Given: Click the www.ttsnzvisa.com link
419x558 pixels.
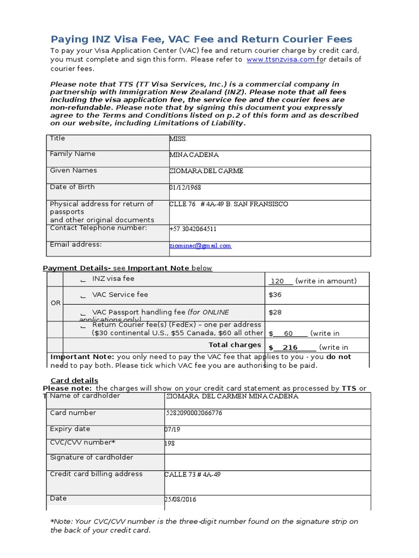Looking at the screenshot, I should pos(280,59).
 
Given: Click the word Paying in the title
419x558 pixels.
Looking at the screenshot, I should pos(69,39).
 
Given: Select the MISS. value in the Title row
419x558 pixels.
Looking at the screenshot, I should pos(178,139).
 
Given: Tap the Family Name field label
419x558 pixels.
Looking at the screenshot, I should pos(73,154).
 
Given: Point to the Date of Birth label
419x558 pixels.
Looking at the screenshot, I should pos(72,187).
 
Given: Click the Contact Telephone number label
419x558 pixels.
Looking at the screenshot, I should pos(98,228).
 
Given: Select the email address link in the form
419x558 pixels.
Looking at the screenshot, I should pos(200,246).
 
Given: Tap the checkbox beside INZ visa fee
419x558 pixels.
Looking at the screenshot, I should pos(83,280).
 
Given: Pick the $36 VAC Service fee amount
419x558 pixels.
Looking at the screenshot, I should pos(275,295).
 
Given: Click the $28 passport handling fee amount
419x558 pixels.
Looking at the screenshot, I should pos(275,313).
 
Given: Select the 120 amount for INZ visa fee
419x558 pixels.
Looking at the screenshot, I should pos(278,281).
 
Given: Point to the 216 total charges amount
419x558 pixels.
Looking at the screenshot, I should pos(290,348).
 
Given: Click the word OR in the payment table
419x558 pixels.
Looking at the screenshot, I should pos(56,303).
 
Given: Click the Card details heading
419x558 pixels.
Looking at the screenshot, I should pos(74,380).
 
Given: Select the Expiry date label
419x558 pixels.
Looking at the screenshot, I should pos(70,429).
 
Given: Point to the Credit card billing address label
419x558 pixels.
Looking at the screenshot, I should pos(96,474).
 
